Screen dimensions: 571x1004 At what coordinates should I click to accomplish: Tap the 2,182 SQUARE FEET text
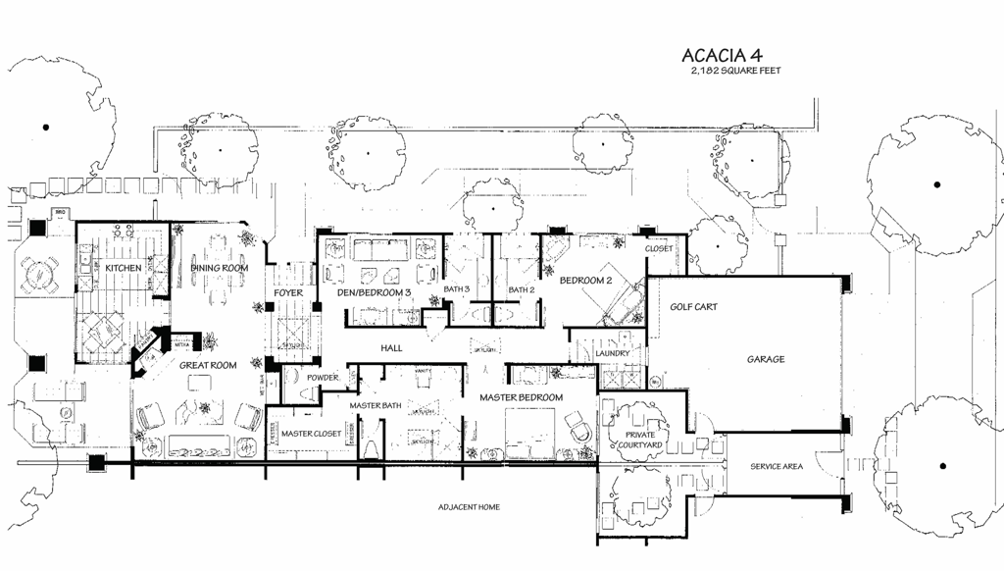(735, 71)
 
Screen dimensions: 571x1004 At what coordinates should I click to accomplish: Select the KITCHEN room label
(124, 268)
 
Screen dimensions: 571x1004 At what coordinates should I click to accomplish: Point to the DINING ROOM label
(219, 268)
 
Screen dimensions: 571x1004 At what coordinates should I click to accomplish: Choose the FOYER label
(288, 292)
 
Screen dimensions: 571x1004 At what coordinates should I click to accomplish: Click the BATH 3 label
(457, 289)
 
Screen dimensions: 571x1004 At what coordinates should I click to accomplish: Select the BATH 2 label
(521, 289)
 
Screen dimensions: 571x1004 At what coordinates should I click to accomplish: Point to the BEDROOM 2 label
(585, 281)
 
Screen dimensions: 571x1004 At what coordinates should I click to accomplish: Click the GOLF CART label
(693, 307)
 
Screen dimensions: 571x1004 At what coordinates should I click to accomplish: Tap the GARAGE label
(765, 359)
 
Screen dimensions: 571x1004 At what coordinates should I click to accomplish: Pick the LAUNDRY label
(613, 353)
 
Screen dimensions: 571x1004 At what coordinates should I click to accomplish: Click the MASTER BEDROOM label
(521, 397)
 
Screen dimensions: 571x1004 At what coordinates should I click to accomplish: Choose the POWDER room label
(323, 378)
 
